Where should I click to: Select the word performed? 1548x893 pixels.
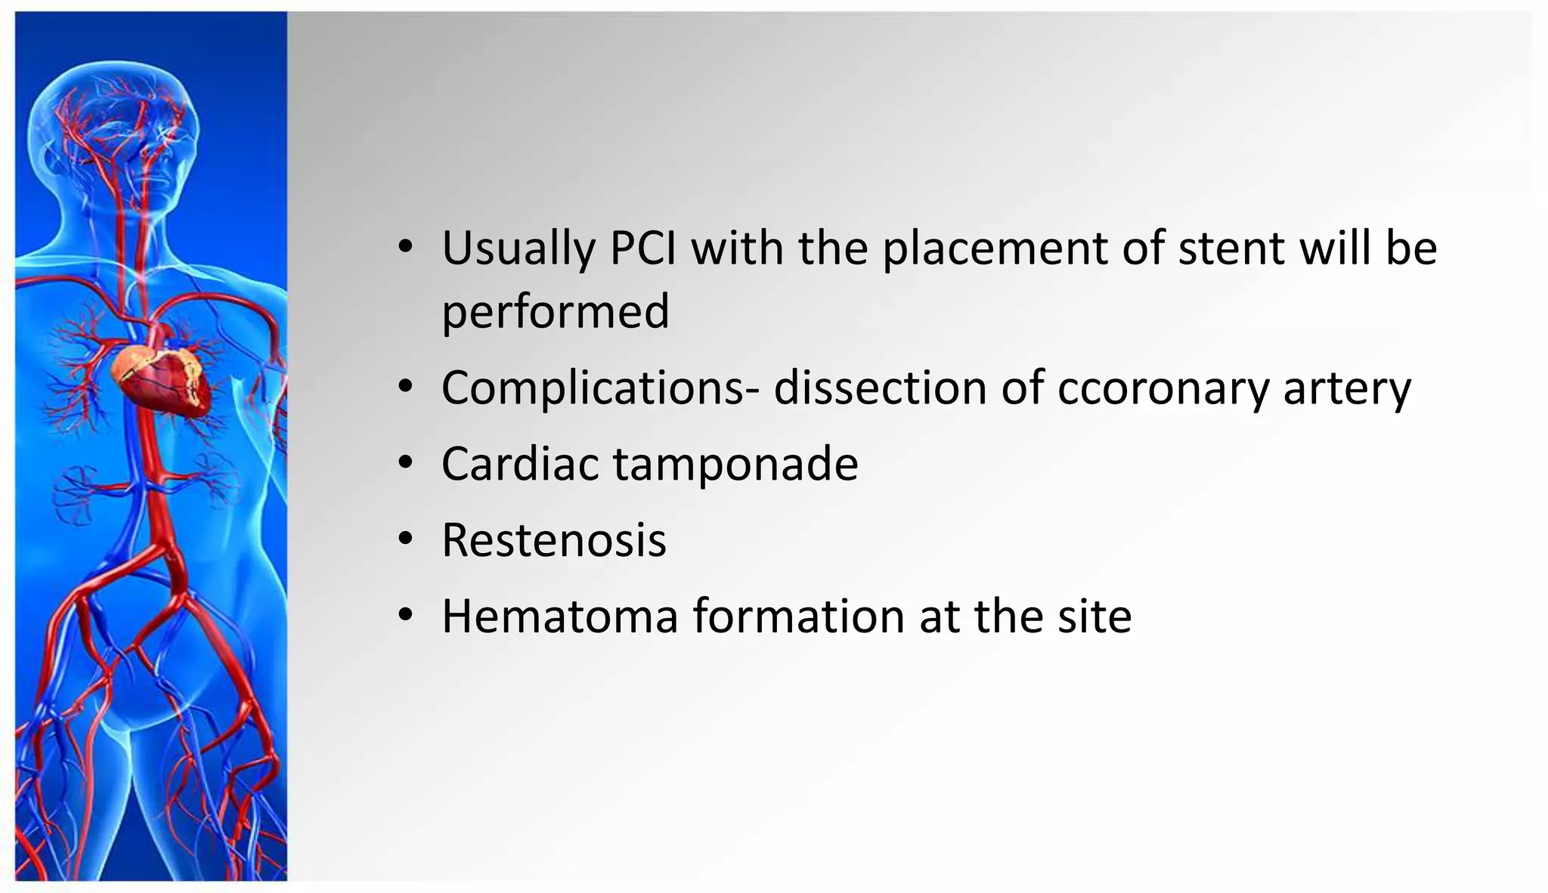556,312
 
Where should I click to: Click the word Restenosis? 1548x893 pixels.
554,540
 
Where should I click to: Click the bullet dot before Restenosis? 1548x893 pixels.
406,539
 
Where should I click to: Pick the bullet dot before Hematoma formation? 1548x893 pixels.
406,614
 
